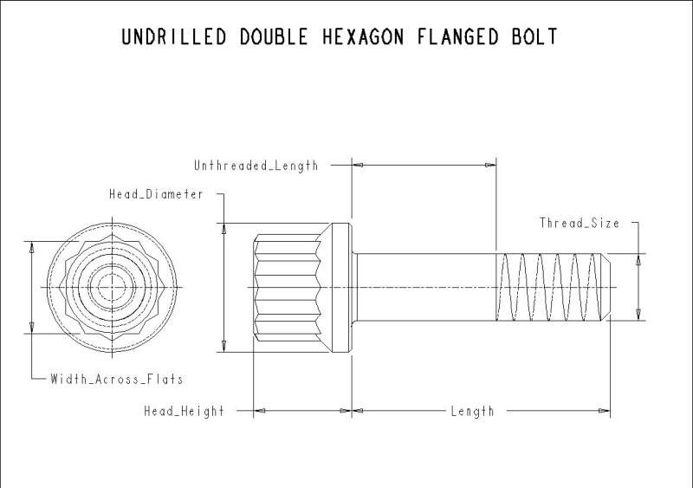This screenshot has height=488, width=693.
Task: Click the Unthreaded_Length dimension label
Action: pos(256,165)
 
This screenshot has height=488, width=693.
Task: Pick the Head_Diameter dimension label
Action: pos(156,194)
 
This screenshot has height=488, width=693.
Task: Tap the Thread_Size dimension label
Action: pos(580,223)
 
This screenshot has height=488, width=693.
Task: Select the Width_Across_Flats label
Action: pos(116,379)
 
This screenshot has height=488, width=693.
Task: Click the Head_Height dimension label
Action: pos(184,411)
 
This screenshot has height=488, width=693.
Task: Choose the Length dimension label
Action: pos(472,411)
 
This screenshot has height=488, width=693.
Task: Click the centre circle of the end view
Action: pos(115,286)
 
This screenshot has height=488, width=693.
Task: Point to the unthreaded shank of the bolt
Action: pos(424,286)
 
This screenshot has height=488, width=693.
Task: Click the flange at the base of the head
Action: pos(341,286)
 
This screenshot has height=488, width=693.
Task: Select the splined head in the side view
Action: pos(290,286)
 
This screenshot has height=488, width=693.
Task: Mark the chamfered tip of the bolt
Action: pos(606,286)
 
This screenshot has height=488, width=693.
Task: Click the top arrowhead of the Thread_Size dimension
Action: pos(639,257)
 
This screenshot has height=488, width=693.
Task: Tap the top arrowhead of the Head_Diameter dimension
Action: pos(223,229)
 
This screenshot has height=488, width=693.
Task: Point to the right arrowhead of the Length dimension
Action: pos(606,411)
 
